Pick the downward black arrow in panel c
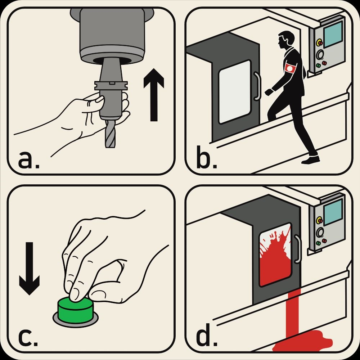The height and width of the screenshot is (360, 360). coord(30,269)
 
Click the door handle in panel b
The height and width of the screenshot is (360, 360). coord(257,86)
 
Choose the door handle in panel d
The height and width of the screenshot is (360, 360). coord(298,249)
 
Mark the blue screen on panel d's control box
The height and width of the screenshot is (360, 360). coord(333,212)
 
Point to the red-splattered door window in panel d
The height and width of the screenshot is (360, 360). coord(275,255)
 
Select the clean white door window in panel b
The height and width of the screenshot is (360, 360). coord(235,92)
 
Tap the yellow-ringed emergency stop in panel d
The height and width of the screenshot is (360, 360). coord(319,220)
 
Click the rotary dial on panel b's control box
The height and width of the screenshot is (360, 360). coord(320,55)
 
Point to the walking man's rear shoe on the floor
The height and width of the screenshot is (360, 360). coord(310,161)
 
